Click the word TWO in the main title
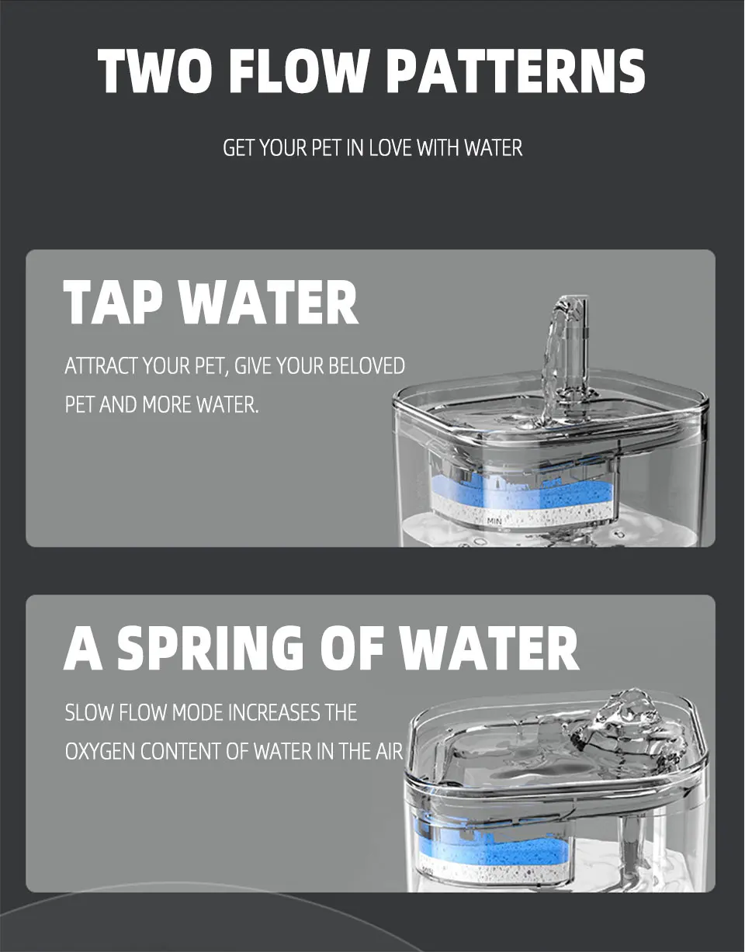pos(152,71)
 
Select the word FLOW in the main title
pos(302,71)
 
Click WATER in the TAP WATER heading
pos(269,303)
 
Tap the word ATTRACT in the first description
pos(100,365)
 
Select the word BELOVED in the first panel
pos(366,365)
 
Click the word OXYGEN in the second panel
pos(99,752)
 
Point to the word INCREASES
pos(274,712)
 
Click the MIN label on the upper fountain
pos(494,522)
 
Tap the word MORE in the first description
pos(167,405)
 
